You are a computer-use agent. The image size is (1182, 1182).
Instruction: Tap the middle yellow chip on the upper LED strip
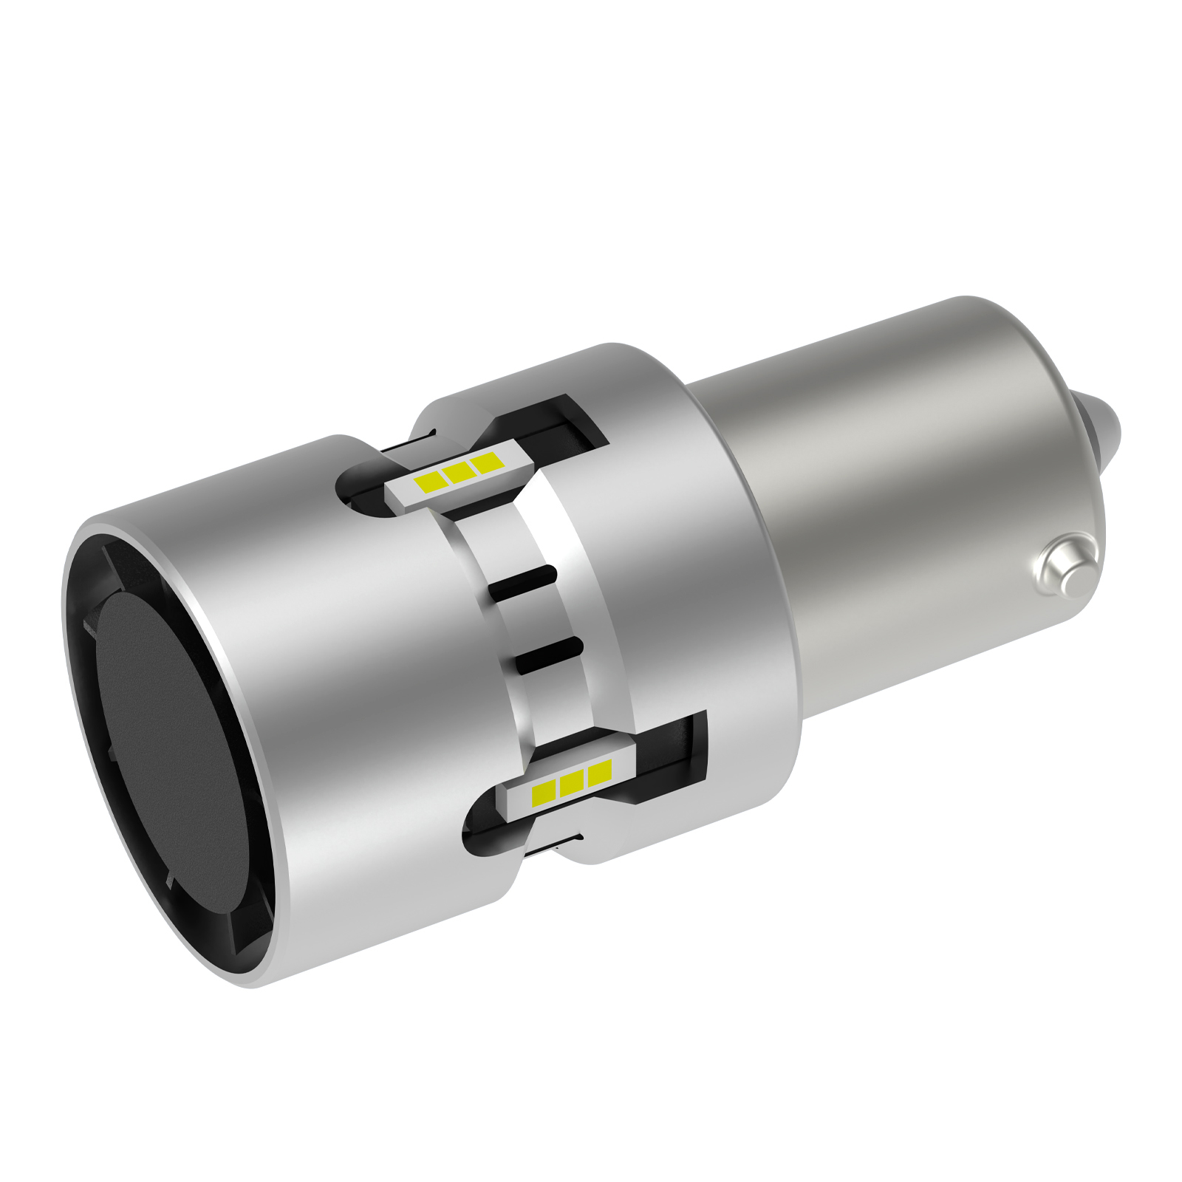click(x=458, y=472)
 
